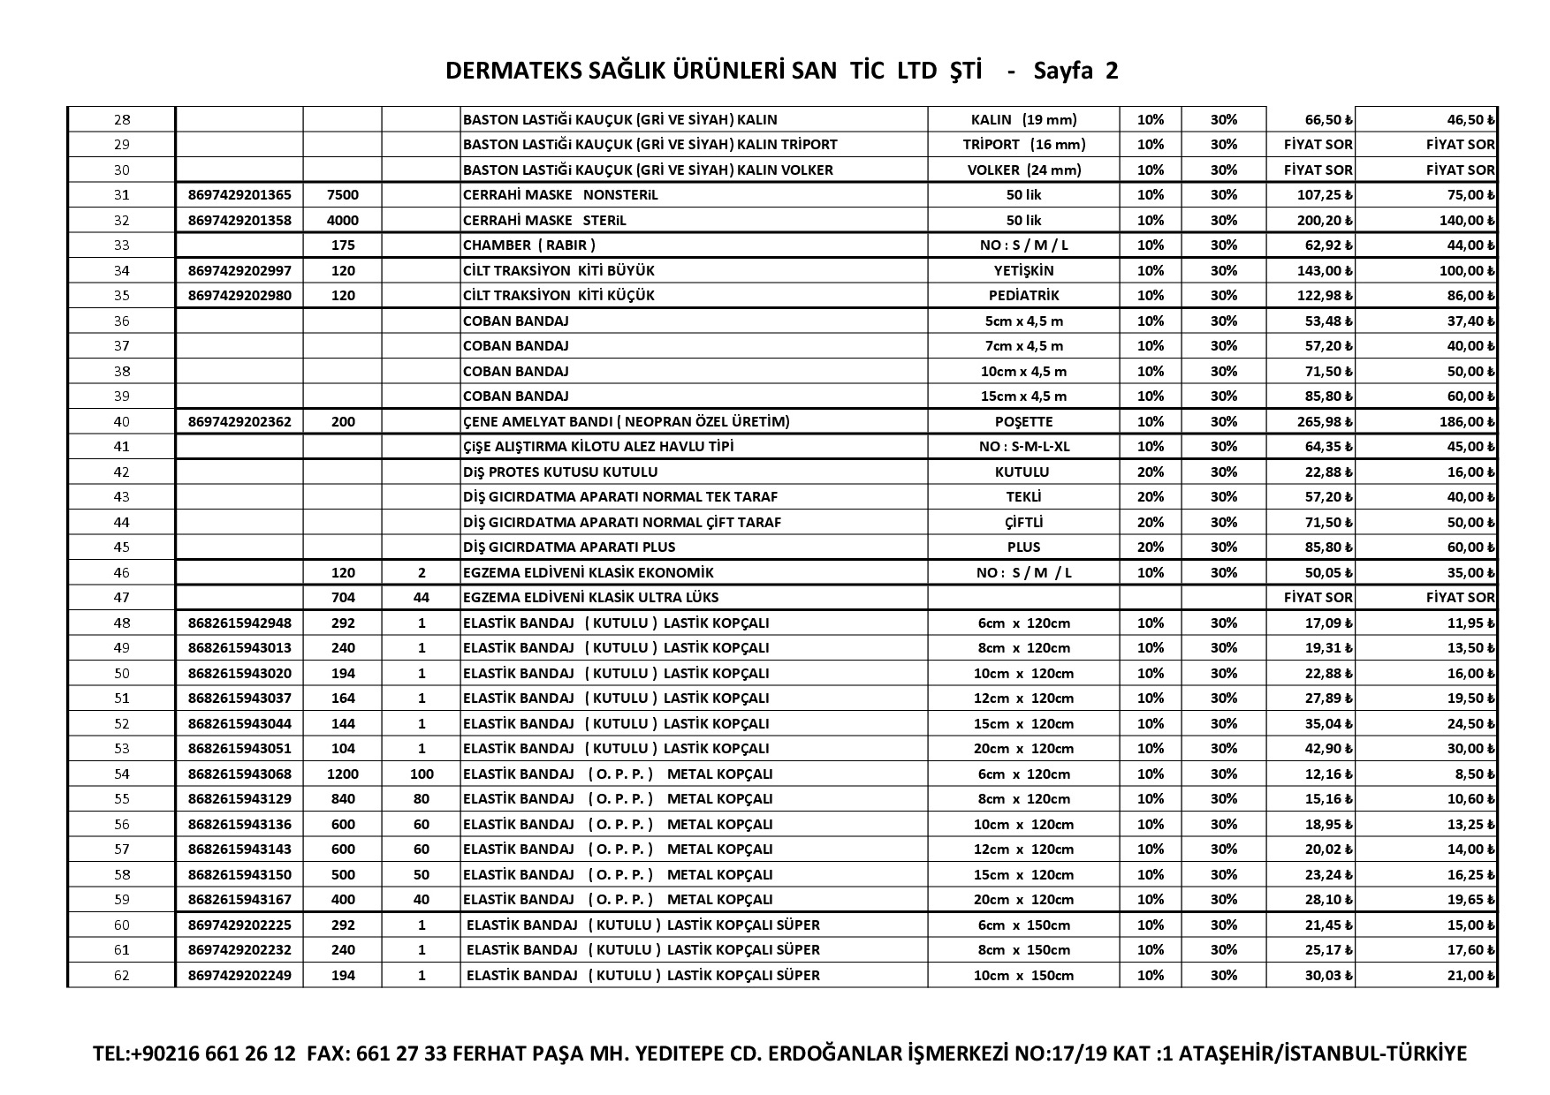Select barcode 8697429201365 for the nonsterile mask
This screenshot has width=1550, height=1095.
click(239, 194)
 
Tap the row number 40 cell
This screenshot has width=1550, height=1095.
click(122, 421)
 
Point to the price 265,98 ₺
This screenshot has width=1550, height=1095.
click(1312, 421)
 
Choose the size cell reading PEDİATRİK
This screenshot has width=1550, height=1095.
click(1023, 295)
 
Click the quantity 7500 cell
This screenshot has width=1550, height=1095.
click(342, 194)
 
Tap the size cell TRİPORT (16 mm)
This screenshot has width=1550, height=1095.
click(1023, 144)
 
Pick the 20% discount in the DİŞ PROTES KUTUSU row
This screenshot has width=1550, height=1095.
click(1151, 472)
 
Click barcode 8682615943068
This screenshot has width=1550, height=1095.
click(239, 774)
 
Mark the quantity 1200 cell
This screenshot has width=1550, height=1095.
click(342, 774)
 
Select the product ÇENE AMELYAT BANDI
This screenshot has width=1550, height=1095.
click(626, 421)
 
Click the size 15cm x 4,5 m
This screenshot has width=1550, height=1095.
click(1023, 396)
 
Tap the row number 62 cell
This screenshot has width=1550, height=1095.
click(122, 975)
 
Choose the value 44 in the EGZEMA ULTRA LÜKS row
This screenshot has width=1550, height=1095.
click(422, 597)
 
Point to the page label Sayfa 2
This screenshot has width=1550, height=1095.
click(1075, 72)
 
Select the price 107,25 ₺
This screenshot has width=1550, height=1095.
click(1312, 194)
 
